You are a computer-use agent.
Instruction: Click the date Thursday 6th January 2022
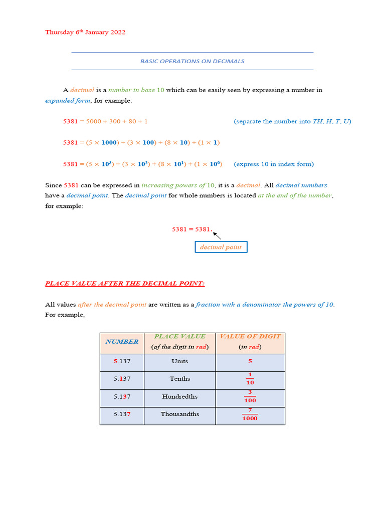tap(85, 32)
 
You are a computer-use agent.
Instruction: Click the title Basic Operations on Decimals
tap(192, 61)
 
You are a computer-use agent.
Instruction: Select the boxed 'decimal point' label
tap(221, 247)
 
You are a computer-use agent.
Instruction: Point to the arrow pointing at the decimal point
tap(217, 235)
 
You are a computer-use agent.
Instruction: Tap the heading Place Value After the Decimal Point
tap(125, 284)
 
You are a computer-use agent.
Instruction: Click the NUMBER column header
tap(122, 342)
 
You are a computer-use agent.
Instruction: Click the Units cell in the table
tap(179, 361)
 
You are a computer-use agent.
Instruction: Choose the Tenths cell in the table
tap(179, 379)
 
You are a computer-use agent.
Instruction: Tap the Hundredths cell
tap(179, 396)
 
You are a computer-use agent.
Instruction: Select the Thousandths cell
tap(179, 414)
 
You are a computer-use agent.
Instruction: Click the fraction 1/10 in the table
tap(250, 379)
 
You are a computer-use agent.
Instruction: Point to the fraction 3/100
tap(250, 397)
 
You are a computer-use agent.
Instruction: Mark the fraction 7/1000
tap(250, 414)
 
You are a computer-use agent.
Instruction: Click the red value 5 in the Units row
tap(250, 361)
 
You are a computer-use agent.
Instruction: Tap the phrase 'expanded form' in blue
tap(68, 100)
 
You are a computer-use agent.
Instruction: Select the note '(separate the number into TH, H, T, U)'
tap(292, 121)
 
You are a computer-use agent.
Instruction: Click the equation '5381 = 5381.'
tap(192, 229)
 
